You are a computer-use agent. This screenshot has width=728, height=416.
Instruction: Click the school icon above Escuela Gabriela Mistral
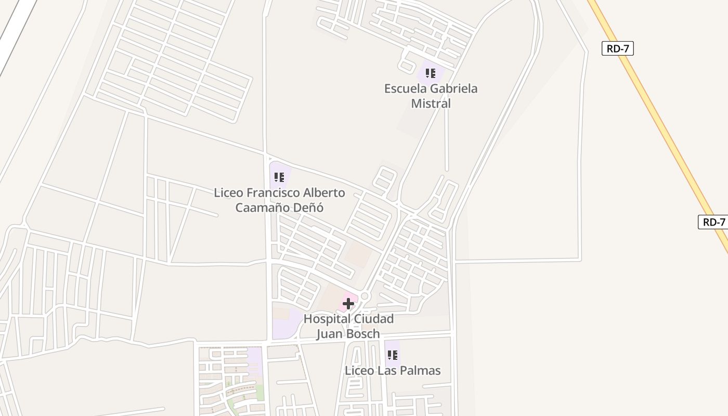(x=430, y=73)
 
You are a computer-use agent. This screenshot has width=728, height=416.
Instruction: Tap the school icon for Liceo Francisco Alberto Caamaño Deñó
(x=279, y=177)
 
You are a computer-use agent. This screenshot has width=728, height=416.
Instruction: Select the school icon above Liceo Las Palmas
(x=393, y=355)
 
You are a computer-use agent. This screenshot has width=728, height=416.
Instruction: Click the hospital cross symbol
(x=348, y=304)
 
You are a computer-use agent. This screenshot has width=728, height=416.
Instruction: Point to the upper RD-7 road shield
(x=618, y=49)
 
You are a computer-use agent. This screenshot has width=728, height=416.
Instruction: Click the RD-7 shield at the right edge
(x=713, y=222)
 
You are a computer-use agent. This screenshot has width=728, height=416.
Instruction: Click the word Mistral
(x=431, y=103)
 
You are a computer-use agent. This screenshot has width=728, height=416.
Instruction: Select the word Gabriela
(x=453, y=88)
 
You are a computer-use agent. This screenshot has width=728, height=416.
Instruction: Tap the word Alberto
(x=324, y=193)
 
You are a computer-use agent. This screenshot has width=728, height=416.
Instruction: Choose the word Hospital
(x=325, y=319)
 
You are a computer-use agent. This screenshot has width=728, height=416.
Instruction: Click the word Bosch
(x=363, y=334)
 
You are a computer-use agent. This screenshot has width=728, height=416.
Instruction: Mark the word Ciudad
(x=372, y=319)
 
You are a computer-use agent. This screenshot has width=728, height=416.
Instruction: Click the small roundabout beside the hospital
(x=365, y=296)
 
